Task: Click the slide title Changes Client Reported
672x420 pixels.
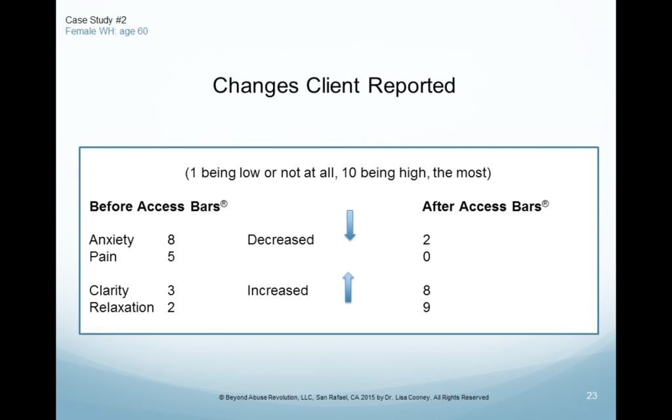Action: click(334, 85)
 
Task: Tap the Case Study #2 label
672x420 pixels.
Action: click(96, 20)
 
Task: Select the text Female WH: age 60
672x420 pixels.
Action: click(107, 31)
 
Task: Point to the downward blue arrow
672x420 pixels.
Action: click(350, 225)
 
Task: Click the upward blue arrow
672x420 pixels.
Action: click(348, 287)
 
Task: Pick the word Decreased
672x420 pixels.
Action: click(281, 240)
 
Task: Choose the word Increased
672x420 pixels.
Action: click(278, 291)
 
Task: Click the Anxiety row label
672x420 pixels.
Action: click(112, 240)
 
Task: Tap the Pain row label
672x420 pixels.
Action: click(103, 257)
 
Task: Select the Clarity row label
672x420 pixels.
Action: click(109, 291)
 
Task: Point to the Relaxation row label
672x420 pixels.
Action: click(121, 307)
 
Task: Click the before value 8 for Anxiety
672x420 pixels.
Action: click(171, 240)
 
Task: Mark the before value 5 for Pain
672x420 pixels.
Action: click(171, 257)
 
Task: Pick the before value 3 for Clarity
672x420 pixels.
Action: click(171, 291)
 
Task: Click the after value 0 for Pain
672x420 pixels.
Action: click(427, 257)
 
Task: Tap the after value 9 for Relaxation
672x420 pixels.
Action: click(427, 307)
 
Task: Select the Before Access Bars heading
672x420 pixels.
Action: click(158, 206)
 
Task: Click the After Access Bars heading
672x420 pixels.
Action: click(486, 206)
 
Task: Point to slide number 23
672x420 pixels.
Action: click(592, 396)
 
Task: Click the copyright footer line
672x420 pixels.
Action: click(354, 397)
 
